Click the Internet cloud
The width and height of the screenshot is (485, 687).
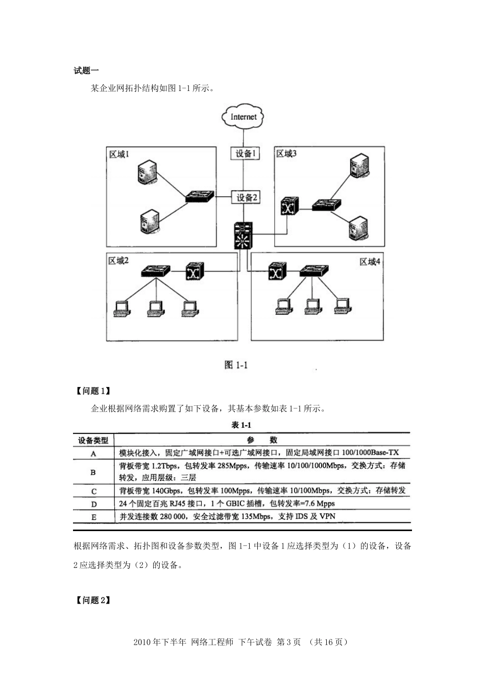tap(244, 117)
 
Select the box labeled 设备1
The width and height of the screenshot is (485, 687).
tap(245, 153)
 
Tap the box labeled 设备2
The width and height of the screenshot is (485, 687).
tap(246, 197)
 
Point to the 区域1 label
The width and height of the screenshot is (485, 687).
tap(119, 154)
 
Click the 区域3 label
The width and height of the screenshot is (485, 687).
tap(286, 154)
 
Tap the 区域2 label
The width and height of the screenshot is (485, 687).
tap(118, 261)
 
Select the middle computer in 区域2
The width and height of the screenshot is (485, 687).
tap(156, 307)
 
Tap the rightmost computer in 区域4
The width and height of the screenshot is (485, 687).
tap(343, 305)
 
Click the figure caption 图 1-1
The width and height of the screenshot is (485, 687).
tap(236, 365)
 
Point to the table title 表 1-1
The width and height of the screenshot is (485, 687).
tap(241, 425)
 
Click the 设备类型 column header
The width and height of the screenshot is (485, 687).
tap(93, 440)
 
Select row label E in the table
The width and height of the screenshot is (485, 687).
tap(93, 517)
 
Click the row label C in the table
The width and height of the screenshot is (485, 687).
tap(93, 491)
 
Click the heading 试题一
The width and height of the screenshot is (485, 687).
tap(86, 71)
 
